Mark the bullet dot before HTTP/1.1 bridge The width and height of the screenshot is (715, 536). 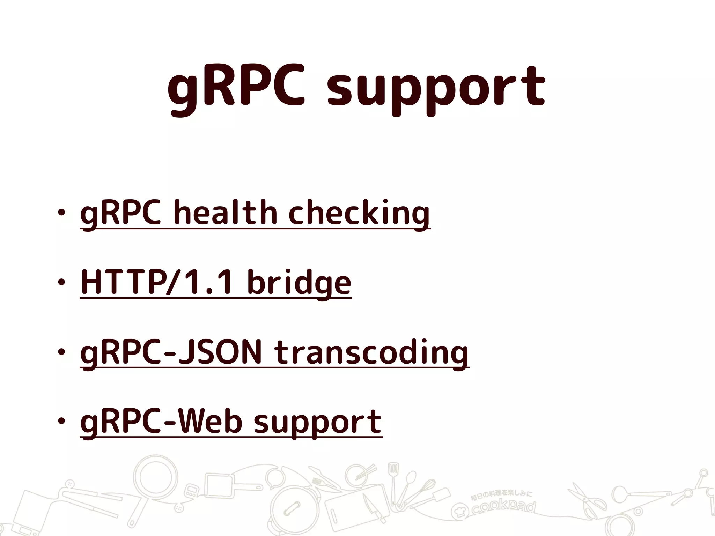[x=62, y=282]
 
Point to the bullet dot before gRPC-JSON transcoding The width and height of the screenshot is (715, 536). [x=62, y=352]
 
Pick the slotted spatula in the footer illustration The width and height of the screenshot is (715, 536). [x=394, y=478]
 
